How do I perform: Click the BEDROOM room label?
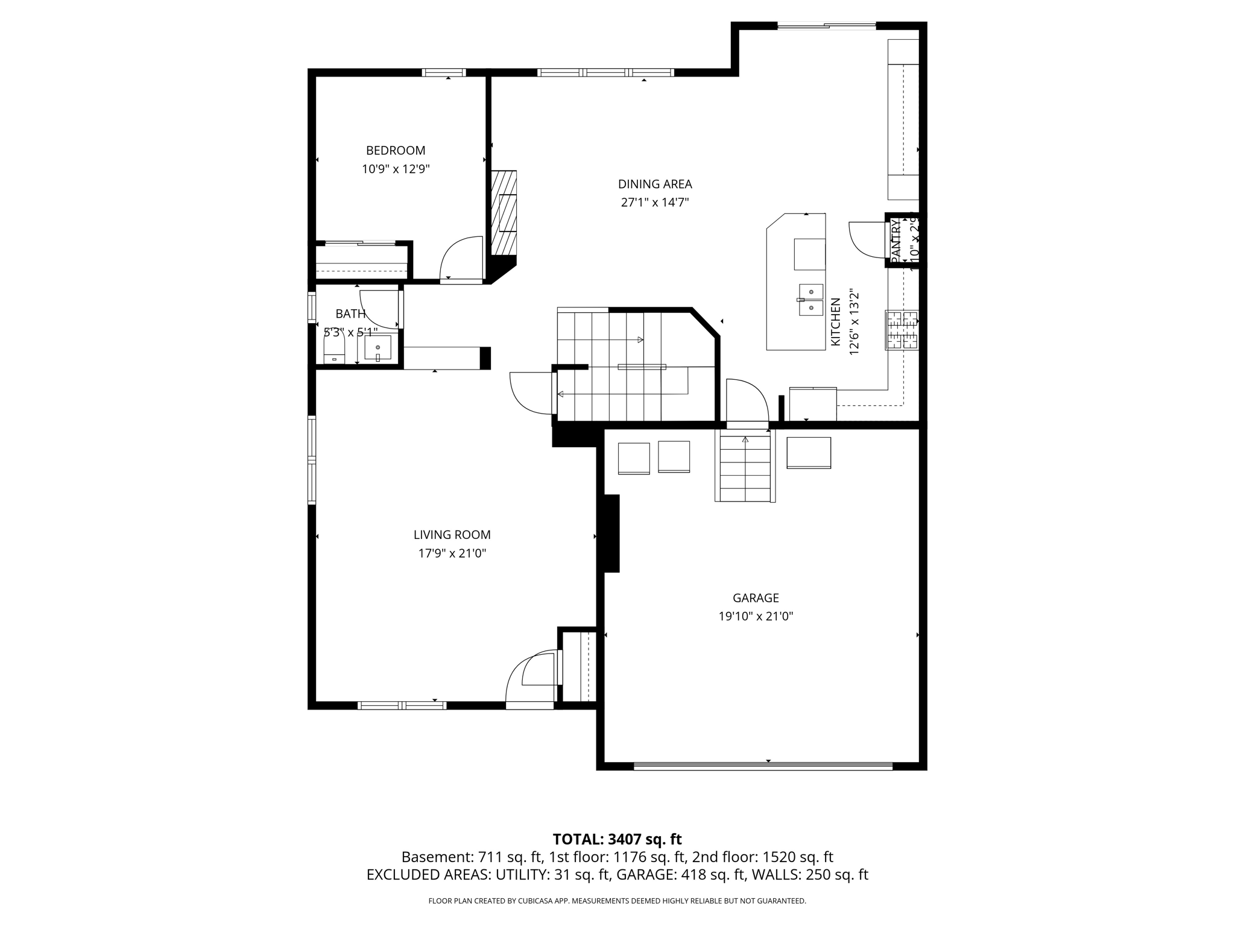[396, 151]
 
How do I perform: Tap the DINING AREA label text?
[655, 184]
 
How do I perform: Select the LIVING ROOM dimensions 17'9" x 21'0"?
[452, 553]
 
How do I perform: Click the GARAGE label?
[756, 598]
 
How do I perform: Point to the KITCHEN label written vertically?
[836, 322]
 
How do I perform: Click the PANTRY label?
[895, 240]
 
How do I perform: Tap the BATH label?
[350, 313]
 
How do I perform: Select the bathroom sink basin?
[378, 348]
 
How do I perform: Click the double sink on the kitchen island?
[811, 300]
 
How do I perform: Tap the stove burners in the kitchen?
[902, 330]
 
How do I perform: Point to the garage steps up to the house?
[745, 467]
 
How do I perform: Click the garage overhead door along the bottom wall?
[763, 766]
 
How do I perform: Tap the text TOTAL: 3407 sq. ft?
[617, 839]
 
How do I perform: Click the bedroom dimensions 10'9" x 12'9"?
[396, 169]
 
